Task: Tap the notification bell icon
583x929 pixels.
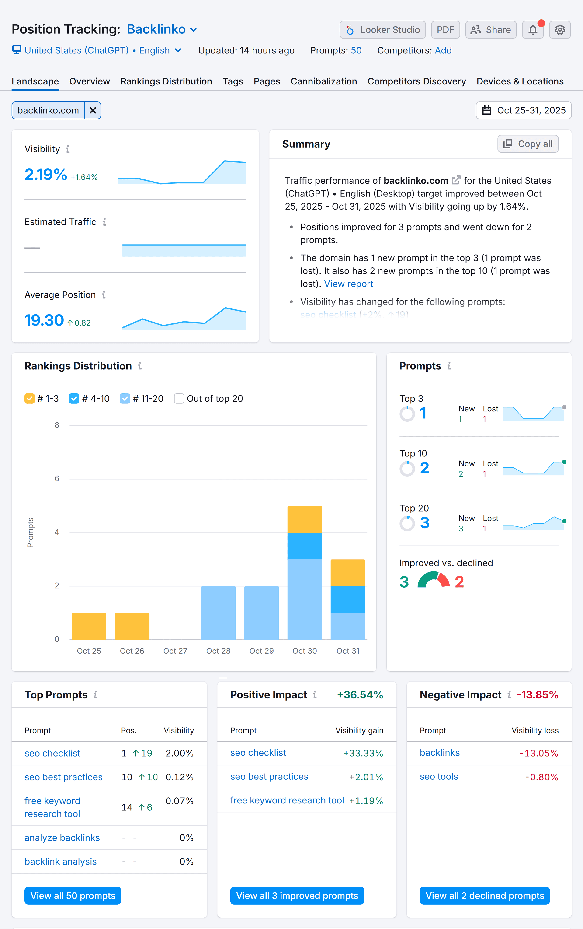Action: click(532, 30)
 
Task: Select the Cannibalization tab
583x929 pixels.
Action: click(323, 81)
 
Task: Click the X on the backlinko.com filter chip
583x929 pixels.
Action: click(93, 110)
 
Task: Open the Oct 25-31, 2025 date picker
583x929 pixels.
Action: click(523, 110)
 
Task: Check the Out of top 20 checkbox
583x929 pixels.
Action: click(179, 399)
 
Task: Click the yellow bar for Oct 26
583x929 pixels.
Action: click(132, 626)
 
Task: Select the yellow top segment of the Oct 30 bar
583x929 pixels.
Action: click(304, 519)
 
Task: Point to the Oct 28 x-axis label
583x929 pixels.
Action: click(218, 651)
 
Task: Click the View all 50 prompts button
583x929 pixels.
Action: click(73, 895)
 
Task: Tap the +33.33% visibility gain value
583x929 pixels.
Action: click(363, 753)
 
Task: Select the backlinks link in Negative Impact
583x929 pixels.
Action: click(440, 753)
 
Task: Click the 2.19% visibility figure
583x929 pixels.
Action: click(45, 174)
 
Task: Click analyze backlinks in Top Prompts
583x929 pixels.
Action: click(62, 838)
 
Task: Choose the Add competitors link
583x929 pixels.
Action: click(443, 51)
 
